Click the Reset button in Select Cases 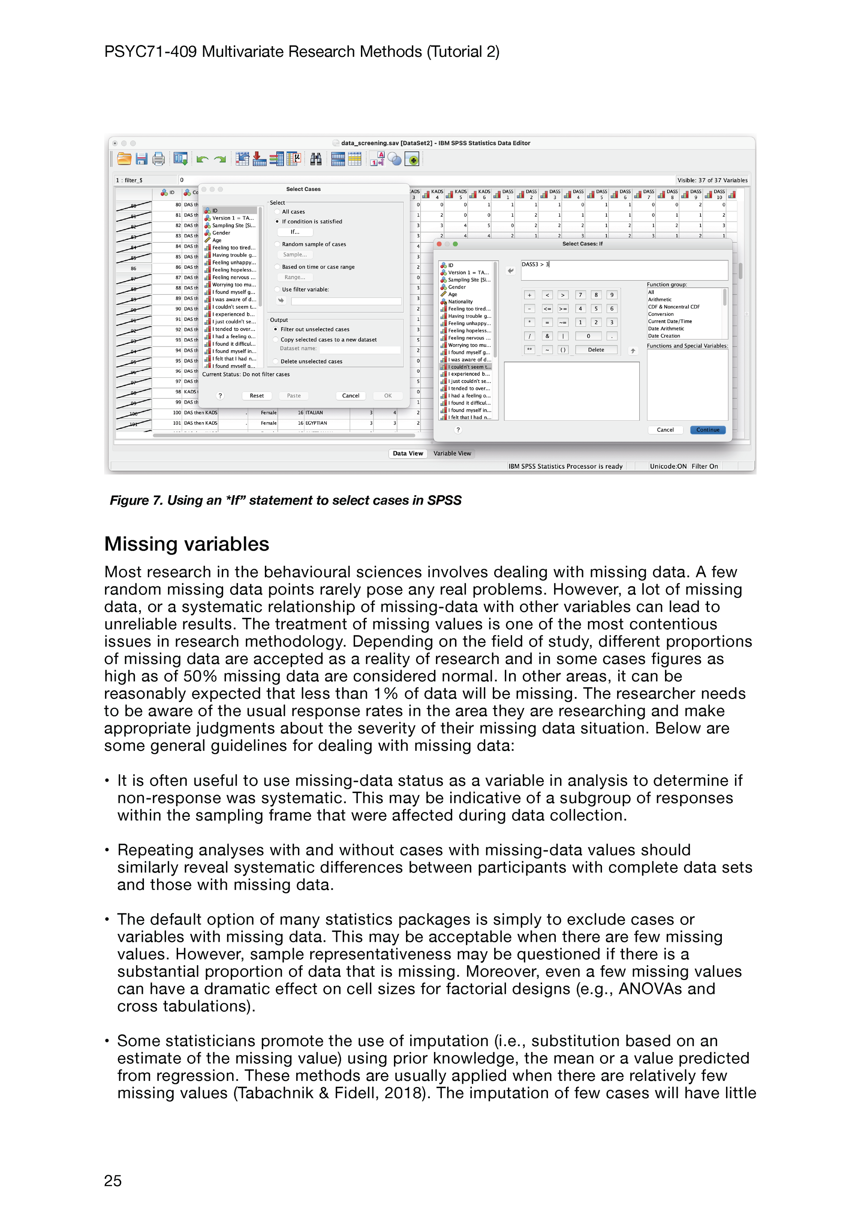click(x=257, y=396)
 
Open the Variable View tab click(x=452, y=454)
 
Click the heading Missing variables click(x=187, y=544)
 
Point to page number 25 click(x=113, y=1181)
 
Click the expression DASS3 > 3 click(x=535, y=264)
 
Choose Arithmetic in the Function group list click(x=660, y=300)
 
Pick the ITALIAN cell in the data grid click(x=314, y=413)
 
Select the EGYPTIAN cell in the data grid click(x=316, y=423)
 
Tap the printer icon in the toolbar click(x=158, y=159)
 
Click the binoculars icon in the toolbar click(x=316, y=159)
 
